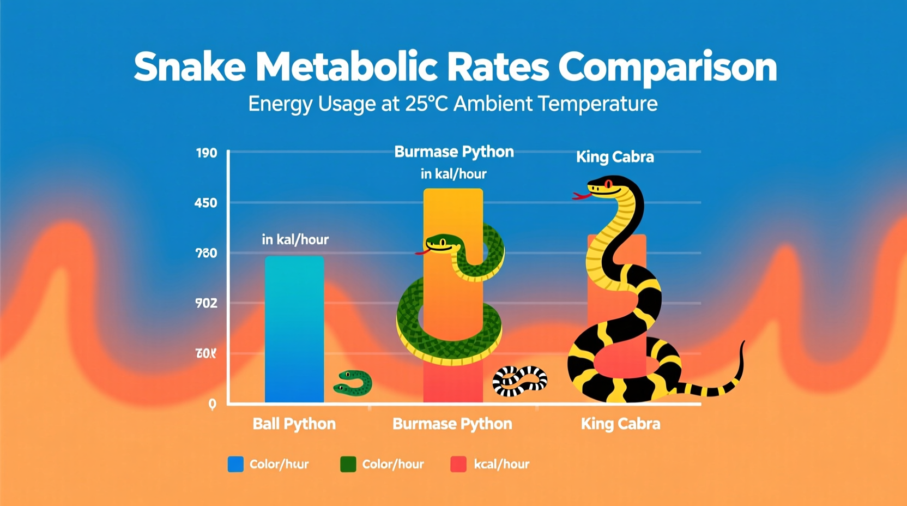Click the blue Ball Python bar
click(x=294, y=330)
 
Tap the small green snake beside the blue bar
click(x=353, y=383)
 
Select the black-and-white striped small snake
click(x=519, y=380)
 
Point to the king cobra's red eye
click(x=608, y=185)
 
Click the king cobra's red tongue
click(x=581, y=195)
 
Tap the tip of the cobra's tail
click(x=743, y=344)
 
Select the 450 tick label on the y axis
click(x=206, y=203)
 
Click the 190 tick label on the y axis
click(x=207, y=153)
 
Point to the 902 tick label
click(x=206, y=303)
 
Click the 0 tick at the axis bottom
click(x=212, y=404)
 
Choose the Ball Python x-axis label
click(x=294, y=424)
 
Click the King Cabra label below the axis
click(x=620, y=424)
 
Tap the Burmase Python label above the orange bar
click(x=453, y=152)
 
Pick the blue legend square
click(x=235, y=465)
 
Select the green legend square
click(x=348, y=465)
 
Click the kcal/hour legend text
click(x=501, y=465)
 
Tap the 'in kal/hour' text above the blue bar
click(x=295, y=239)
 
